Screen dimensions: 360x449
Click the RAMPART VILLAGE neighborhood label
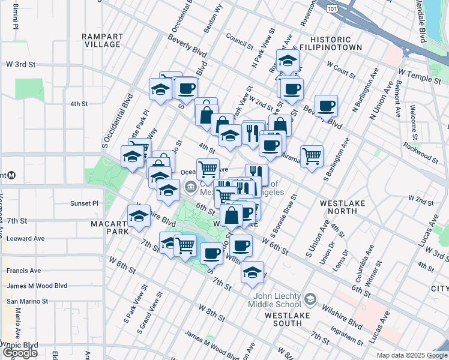click(x=102, y=40)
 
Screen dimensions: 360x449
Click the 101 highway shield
click(x=333, y=9)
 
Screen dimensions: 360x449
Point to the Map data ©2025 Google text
click(x=412, y=355)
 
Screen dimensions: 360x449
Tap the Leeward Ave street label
click(x=26, y=238)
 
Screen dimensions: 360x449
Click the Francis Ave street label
click(x=23, y=271)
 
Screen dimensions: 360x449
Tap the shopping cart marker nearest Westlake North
click(x=312, y=157)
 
